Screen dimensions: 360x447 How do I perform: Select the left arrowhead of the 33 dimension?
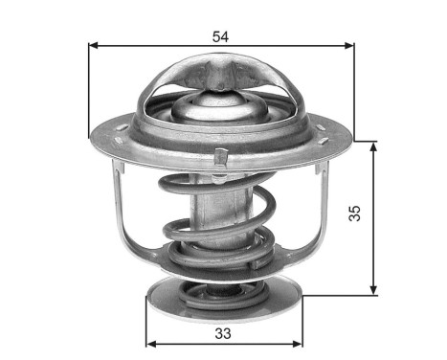(150, 343)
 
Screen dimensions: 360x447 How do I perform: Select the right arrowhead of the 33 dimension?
(295, 343)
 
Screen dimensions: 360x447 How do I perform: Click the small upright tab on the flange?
(221, 156)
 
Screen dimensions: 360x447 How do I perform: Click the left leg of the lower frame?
(118, 206)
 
